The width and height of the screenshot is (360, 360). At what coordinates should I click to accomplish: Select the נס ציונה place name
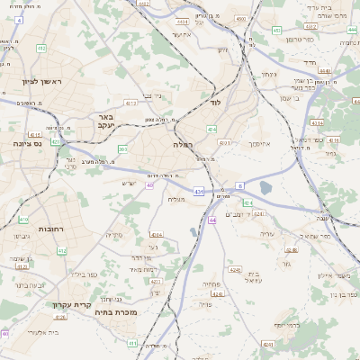tap(30, 143)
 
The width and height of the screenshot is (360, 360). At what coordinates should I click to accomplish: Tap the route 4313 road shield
tap(130, 104)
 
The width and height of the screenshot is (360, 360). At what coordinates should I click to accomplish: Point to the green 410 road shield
tap(23, 220)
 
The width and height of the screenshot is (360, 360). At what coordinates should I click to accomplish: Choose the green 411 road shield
tap(132, 343)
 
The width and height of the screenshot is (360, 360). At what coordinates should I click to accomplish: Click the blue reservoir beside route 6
tap(265, 187)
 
